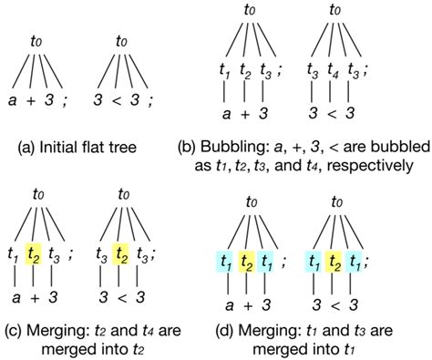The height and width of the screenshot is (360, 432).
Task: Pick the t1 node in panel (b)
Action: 222,72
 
